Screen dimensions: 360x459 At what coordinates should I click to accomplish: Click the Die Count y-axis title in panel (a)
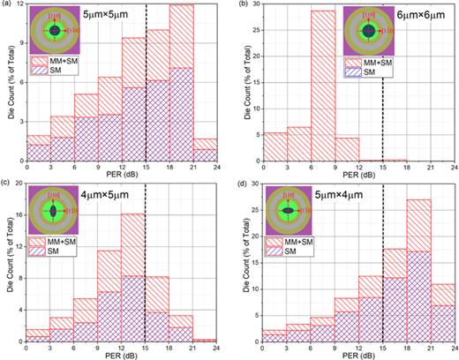[7, 88]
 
